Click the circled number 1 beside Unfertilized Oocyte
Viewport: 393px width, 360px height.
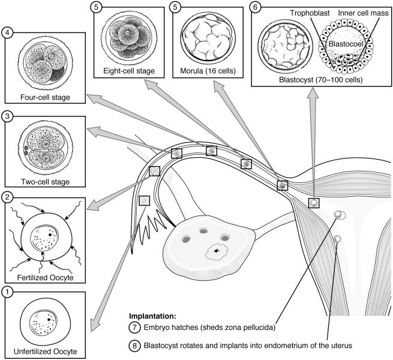[7, 293]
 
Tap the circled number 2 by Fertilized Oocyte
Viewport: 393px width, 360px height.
[7, 196]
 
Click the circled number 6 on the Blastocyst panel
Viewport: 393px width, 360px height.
[256, 7]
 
